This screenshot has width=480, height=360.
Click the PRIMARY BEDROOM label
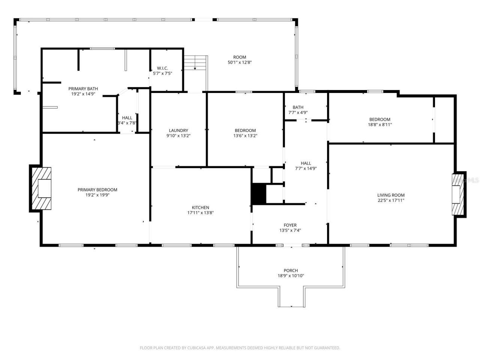pos(97,190)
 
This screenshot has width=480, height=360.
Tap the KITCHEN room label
pos(200,207)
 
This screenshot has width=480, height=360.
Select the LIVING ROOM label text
pos(391,195)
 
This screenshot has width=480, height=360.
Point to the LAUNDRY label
pos(178,130)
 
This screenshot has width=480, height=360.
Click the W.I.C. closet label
pos(162,68)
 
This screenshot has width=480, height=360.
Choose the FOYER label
pos(290,225)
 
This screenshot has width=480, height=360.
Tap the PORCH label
pos(291,270)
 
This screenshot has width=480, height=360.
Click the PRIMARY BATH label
pos(83,89)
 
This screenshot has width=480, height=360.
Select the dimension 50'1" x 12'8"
pos(240,63)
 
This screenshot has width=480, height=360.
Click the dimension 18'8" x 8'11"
pos(379,125)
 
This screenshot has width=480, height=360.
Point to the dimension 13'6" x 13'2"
pos(245,136)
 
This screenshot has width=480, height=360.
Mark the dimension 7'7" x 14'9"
pos(306,168)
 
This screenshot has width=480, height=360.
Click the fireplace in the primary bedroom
pos(41,189)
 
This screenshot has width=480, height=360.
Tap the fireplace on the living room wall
pos(459,194)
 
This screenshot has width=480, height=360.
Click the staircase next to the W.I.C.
pos(195,62)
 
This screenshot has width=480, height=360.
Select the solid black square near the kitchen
pos(258,193)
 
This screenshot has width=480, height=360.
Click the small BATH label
pos(298,107)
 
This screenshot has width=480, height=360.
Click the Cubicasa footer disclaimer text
pos(240,348)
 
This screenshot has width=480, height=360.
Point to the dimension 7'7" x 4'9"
pos(298,112)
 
